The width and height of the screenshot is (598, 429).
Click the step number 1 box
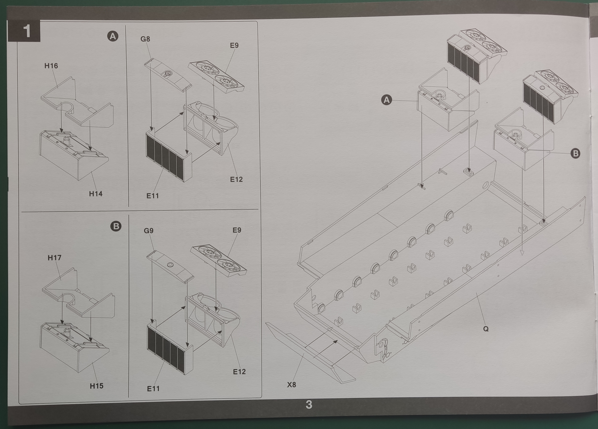(x=24, y=31)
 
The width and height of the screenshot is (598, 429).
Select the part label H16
(x=51, y=66)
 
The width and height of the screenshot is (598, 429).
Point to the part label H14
(x=95, y=194)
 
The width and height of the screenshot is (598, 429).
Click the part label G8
(x=145, y=39)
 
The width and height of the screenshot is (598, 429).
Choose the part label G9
(x=149, y=231)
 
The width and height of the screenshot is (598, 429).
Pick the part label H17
(x=54, y=258)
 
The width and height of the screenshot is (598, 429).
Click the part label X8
(x=291, y=385)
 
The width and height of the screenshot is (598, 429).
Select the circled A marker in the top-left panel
(x=113, y=36)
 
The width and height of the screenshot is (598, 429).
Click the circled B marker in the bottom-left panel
(x=116, y=226)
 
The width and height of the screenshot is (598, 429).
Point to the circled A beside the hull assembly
(x=387, y=100)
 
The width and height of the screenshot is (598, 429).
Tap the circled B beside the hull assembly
(x=575, y=153)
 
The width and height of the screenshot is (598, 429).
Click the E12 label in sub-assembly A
(x=236, y=179)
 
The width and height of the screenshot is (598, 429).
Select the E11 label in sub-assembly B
(x=153, y=388)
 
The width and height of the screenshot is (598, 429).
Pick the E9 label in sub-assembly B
(x=237, y=230)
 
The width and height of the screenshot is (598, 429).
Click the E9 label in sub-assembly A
(x=234, y=45)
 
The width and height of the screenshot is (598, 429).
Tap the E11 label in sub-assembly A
(x=152, y=196)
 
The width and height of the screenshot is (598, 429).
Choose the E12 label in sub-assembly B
(x=239, y=372)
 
